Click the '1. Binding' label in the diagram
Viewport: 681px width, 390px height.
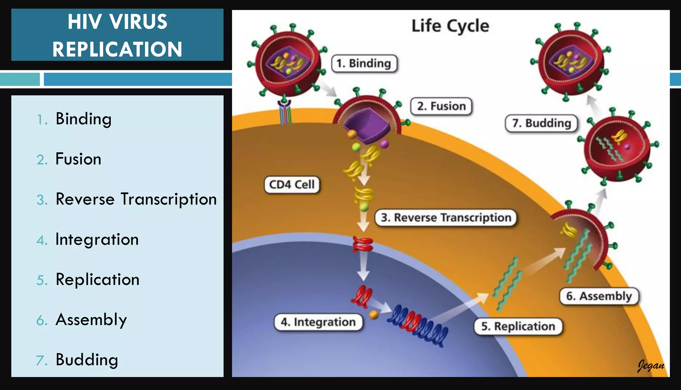[x=364, y=63]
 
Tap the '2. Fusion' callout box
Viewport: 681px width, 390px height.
[x=441, y=106]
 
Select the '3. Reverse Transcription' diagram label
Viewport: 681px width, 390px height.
[x=446, y=218]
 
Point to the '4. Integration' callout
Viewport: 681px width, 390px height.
[x=318, y=322]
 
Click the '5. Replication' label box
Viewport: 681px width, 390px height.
[x=518, y=326]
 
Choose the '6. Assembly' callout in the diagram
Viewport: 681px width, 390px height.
[x=599, y=296]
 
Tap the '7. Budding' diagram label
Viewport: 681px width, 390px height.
[x=541, y=123]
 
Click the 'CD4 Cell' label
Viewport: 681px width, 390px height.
[x=292, y=185]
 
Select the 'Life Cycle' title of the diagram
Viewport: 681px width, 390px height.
[x=450, y=26]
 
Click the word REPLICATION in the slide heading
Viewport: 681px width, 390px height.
[x=117, y=49]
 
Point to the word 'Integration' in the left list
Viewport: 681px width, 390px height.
[x=97, y=239]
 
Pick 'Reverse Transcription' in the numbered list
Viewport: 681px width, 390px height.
[x=136, y=199]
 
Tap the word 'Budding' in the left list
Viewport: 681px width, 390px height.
[x=87, y=360]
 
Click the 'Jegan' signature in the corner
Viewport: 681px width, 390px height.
[x=651, y=365]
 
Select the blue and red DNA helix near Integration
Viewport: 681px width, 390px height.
[x=417, y=324]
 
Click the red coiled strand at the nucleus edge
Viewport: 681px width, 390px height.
[x=363, y=244]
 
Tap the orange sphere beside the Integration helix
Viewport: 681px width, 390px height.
[x=374, y=314]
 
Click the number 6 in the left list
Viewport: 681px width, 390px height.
[x=42, y=321]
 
